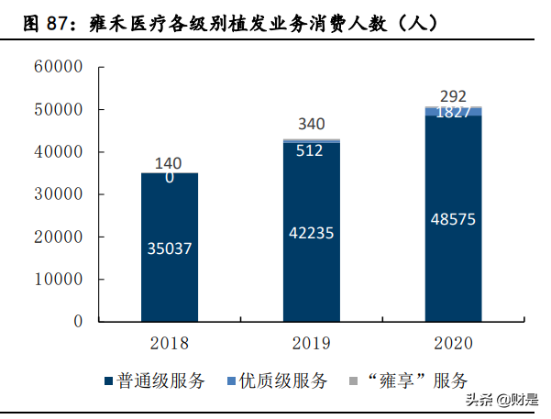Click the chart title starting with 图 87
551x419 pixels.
(x=229, y=25)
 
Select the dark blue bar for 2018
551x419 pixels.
(x=169, y=275)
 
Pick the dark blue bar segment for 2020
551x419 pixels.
(x=453, y=275)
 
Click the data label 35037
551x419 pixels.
(x=169, y=248)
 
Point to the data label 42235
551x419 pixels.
(x=311, y=232)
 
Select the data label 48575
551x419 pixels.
(x=453, y=219)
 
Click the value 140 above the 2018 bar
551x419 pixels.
(x=169, y=163)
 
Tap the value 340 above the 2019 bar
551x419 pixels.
(x=311, y=125)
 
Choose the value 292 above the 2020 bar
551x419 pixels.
(x=453, y=95)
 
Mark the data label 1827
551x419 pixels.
(x=453, y=112)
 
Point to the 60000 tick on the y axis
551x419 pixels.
(x=58, y=67)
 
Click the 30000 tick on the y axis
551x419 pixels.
(x=58, y=194)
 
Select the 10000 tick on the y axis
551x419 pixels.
(x=58, y=280)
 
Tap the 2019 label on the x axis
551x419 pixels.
(x=311, y=344)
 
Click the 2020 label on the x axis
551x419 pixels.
(x=453, y=344)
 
